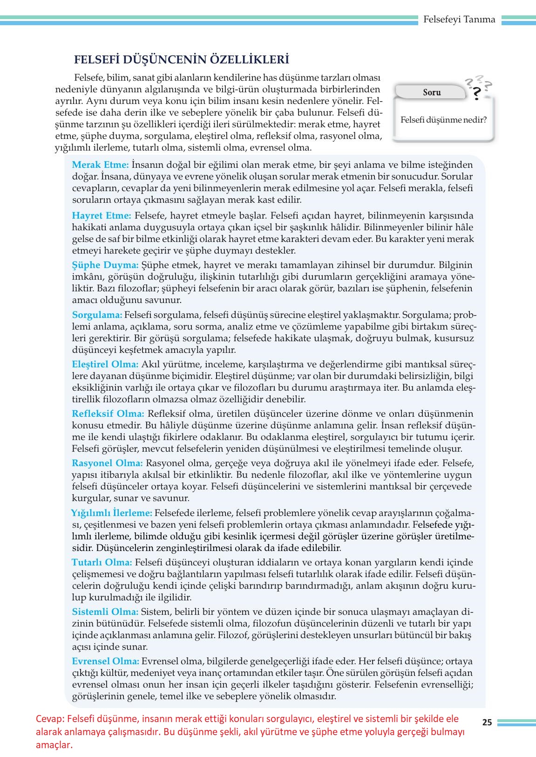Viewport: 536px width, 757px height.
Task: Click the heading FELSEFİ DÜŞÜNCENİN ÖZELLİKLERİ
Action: (182, 60)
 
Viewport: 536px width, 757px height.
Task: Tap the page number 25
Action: (487, 723)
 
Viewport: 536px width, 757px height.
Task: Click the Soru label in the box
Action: (432, 92)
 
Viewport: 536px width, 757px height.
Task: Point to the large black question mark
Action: (476, 94)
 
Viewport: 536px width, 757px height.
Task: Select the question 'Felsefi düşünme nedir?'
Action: (443, 120)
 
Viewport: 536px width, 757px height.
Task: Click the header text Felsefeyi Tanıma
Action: (459, 20)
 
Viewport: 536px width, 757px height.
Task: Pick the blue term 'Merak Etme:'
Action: (100, 165)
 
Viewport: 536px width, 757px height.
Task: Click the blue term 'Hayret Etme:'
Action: (102, 215)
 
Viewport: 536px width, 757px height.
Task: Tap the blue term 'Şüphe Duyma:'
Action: (105, 265)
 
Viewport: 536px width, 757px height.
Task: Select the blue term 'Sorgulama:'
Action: (97, 315)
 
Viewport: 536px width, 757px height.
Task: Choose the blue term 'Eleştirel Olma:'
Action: (105, 364)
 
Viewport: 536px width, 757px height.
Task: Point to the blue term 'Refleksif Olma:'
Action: (108, 413)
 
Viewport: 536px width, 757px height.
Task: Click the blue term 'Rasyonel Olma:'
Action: (107, 463)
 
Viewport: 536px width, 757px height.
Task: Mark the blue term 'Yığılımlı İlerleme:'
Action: (112, 513)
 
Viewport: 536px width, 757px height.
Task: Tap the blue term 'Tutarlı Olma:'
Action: (102, 562)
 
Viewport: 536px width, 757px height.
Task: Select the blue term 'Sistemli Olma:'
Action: (105, 612)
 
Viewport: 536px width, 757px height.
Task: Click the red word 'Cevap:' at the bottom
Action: (49, 719)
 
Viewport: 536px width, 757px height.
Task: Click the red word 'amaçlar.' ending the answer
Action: (54, 745)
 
